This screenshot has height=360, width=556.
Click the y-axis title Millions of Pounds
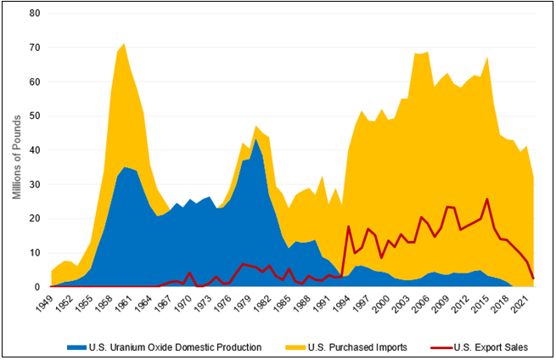pyautogui.click(x=15, y=150)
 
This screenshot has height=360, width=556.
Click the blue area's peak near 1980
pyautogui.click(x=257, y=139)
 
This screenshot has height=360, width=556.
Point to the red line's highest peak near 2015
pyautogui.click(x=487, y=200)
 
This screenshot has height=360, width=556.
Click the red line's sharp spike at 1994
pyautogui.click(x=349, y=226)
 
